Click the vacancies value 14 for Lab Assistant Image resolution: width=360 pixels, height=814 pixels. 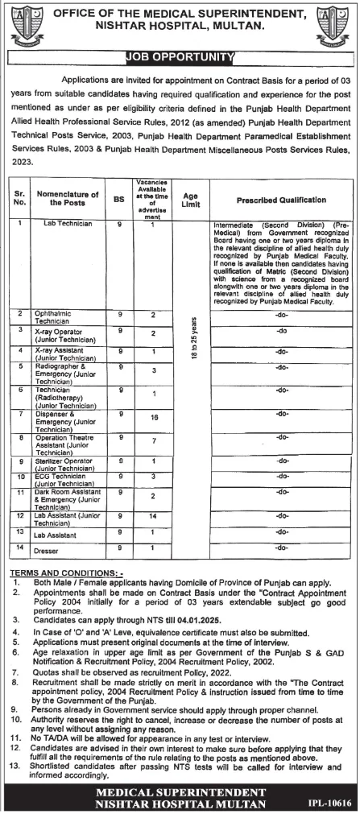[x=152, y=513]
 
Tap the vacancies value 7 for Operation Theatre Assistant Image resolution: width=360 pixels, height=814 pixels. [x=152, y=441]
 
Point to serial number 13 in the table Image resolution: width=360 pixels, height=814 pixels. [x=22, y=531]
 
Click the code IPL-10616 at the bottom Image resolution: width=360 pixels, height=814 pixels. [x=329, y=804]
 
